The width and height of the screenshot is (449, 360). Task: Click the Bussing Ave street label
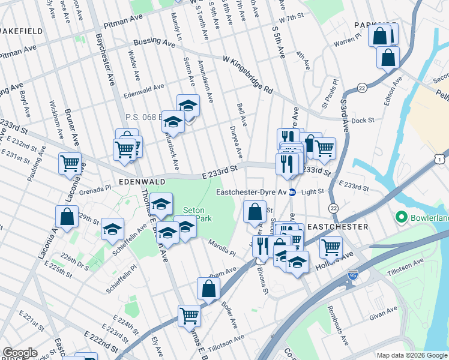coord(155,42)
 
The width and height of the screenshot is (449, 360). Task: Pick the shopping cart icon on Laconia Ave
coord(70,163)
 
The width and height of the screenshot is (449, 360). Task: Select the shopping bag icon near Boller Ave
coord(208,289)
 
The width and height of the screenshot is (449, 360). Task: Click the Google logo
coord(20,353)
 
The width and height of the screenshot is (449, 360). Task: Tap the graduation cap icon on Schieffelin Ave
coord(112,230)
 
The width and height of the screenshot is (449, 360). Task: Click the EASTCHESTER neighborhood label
coord(337,227)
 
